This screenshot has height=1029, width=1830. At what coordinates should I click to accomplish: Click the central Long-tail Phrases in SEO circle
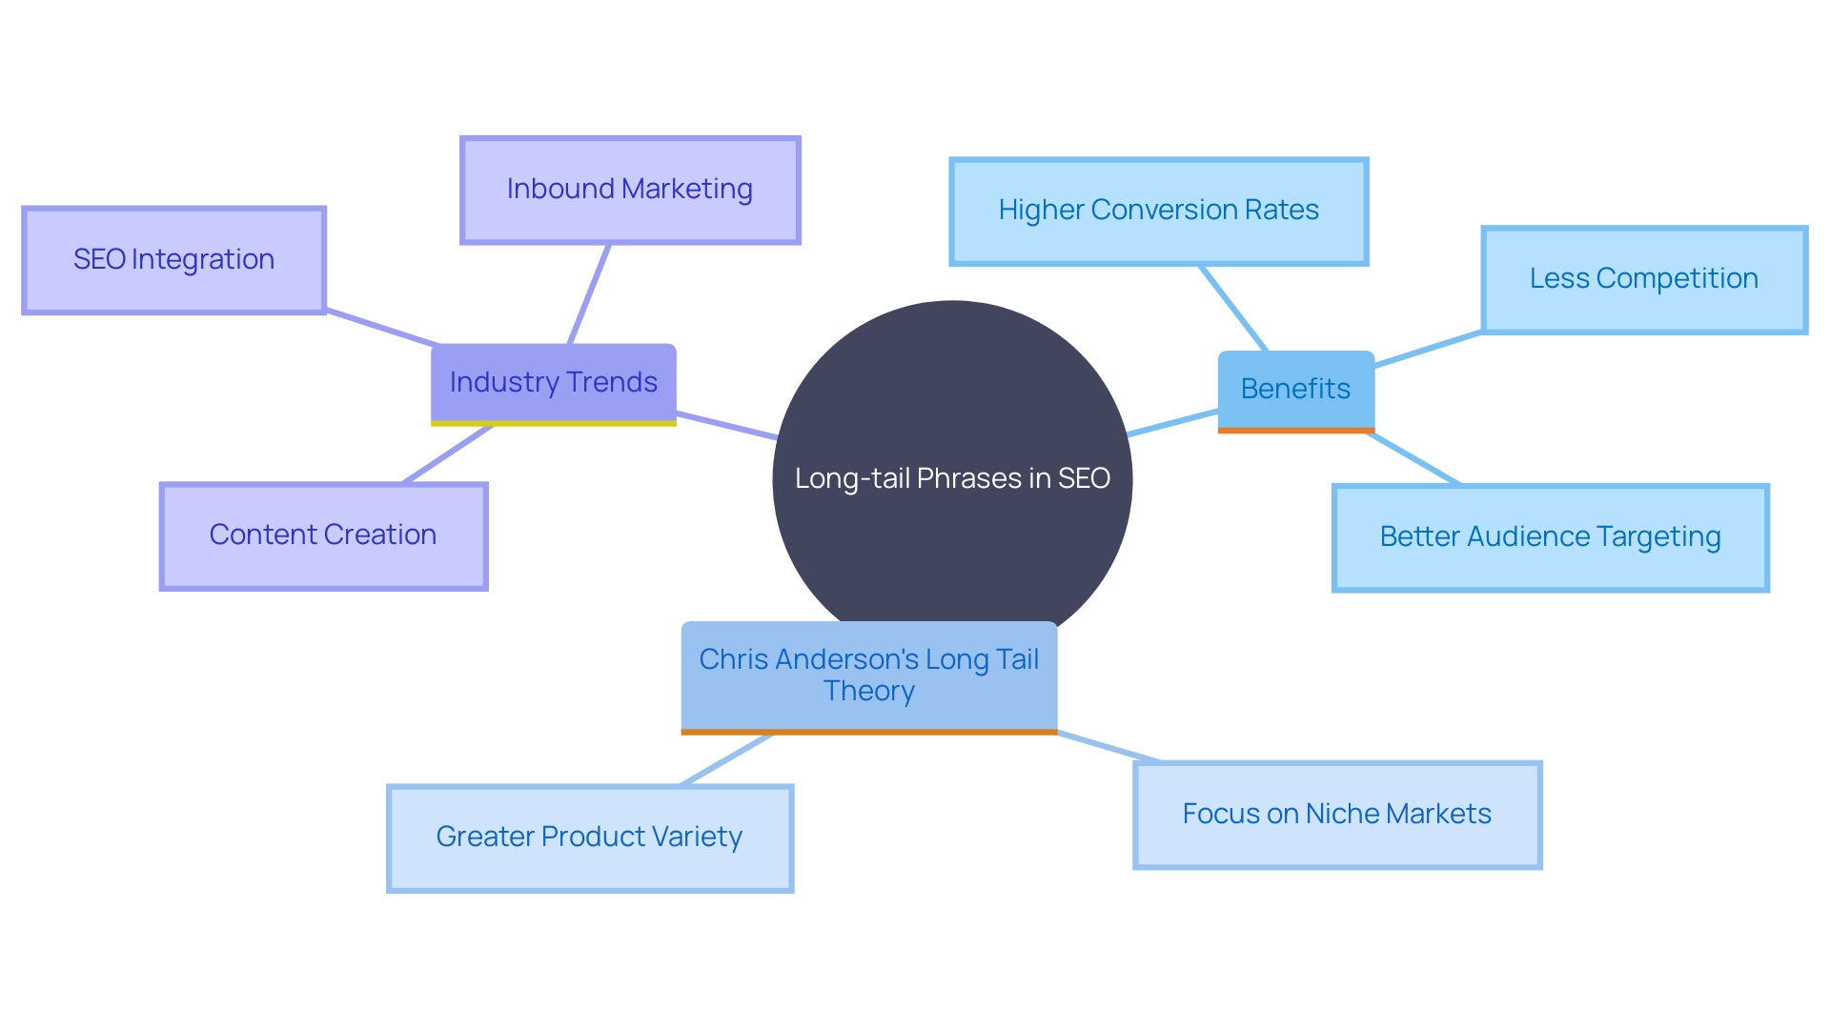coord(952,534)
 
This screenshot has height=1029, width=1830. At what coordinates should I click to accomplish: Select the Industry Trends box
coord(553,382)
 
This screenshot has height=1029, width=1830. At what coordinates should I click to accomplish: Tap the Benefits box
coord(1295,389)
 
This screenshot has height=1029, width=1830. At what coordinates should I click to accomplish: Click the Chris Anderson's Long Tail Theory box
coord(868,675)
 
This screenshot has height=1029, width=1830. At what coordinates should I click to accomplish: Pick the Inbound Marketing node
coord(630,190)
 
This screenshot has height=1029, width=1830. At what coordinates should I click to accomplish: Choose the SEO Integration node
coord(173,259)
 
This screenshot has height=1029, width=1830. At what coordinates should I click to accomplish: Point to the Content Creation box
coord(323,535)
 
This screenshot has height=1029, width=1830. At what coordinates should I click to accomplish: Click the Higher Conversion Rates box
coord(1158,211)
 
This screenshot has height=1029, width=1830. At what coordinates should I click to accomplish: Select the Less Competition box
coord(1643,279)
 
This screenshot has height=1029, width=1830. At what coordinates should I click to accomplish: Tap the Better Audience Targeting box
coord(1550,537)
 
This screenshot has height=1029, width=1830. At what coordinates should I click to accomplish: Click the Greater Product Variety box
coord(589,837)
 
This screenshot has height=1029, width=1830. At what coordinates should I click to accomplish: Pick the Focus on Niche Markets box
coord(1336,815)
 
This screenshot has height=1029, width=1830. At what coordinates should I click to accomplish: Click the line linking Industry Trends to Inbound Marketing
coord(589,293)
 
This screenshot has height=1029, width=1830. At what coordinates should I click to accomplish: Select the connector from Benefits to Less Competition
coord(1428,349)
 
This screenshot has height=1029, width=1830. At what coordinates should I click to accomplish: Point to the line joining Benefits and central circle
coord(1172,423)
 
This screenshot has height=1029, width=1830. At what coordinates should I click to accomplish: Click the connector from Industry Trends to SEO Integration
coord(381,327)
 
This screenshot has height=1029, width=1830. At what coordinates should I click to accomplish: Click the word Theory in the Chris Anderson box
coord(868,691)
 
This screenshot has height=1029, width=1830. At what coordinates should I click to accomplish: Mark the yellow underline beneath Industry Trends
coord(553,423)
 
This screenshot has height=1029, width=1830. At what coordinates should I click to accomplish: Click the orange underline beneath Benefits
coord(1295,431)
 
